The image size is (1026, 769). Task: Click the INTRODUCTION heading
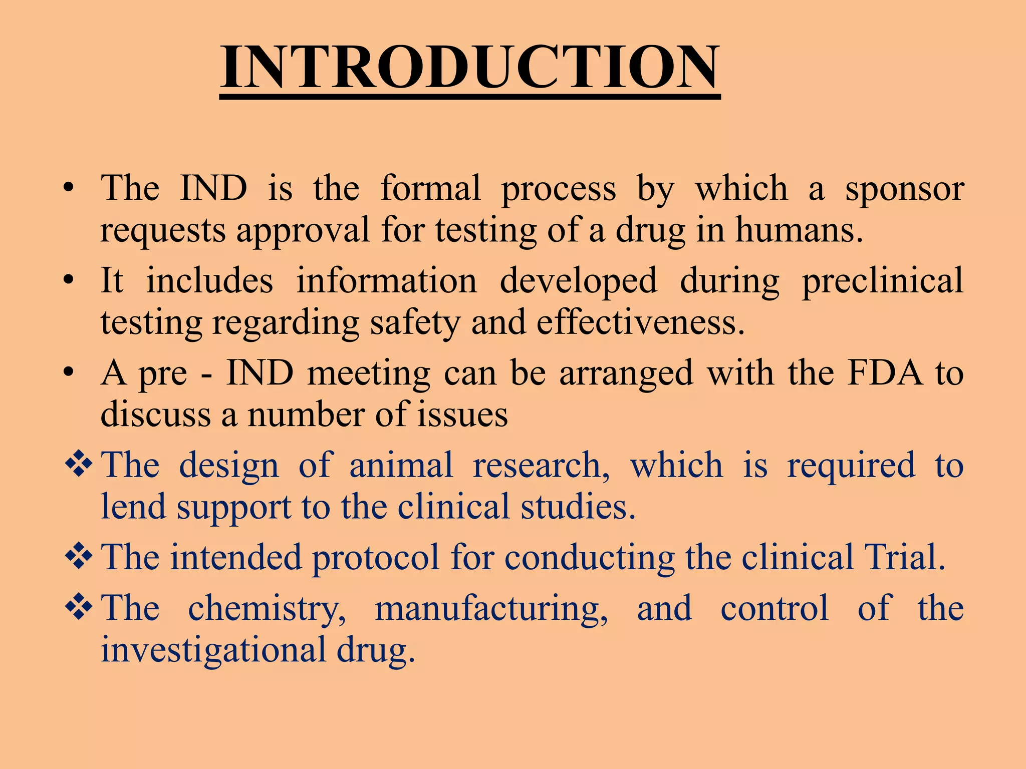(470, 67)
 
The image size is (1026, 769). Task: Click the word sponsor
(904, 189)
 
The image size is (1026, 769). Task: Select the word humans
(799, 231)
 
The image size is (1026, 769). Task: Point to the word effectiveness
(641, 323)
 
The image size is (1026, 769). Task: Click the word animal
(401, 466)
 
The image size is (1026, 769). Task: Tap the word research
(542, 466)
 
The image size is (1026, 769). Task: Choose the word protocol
(376, 558)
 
